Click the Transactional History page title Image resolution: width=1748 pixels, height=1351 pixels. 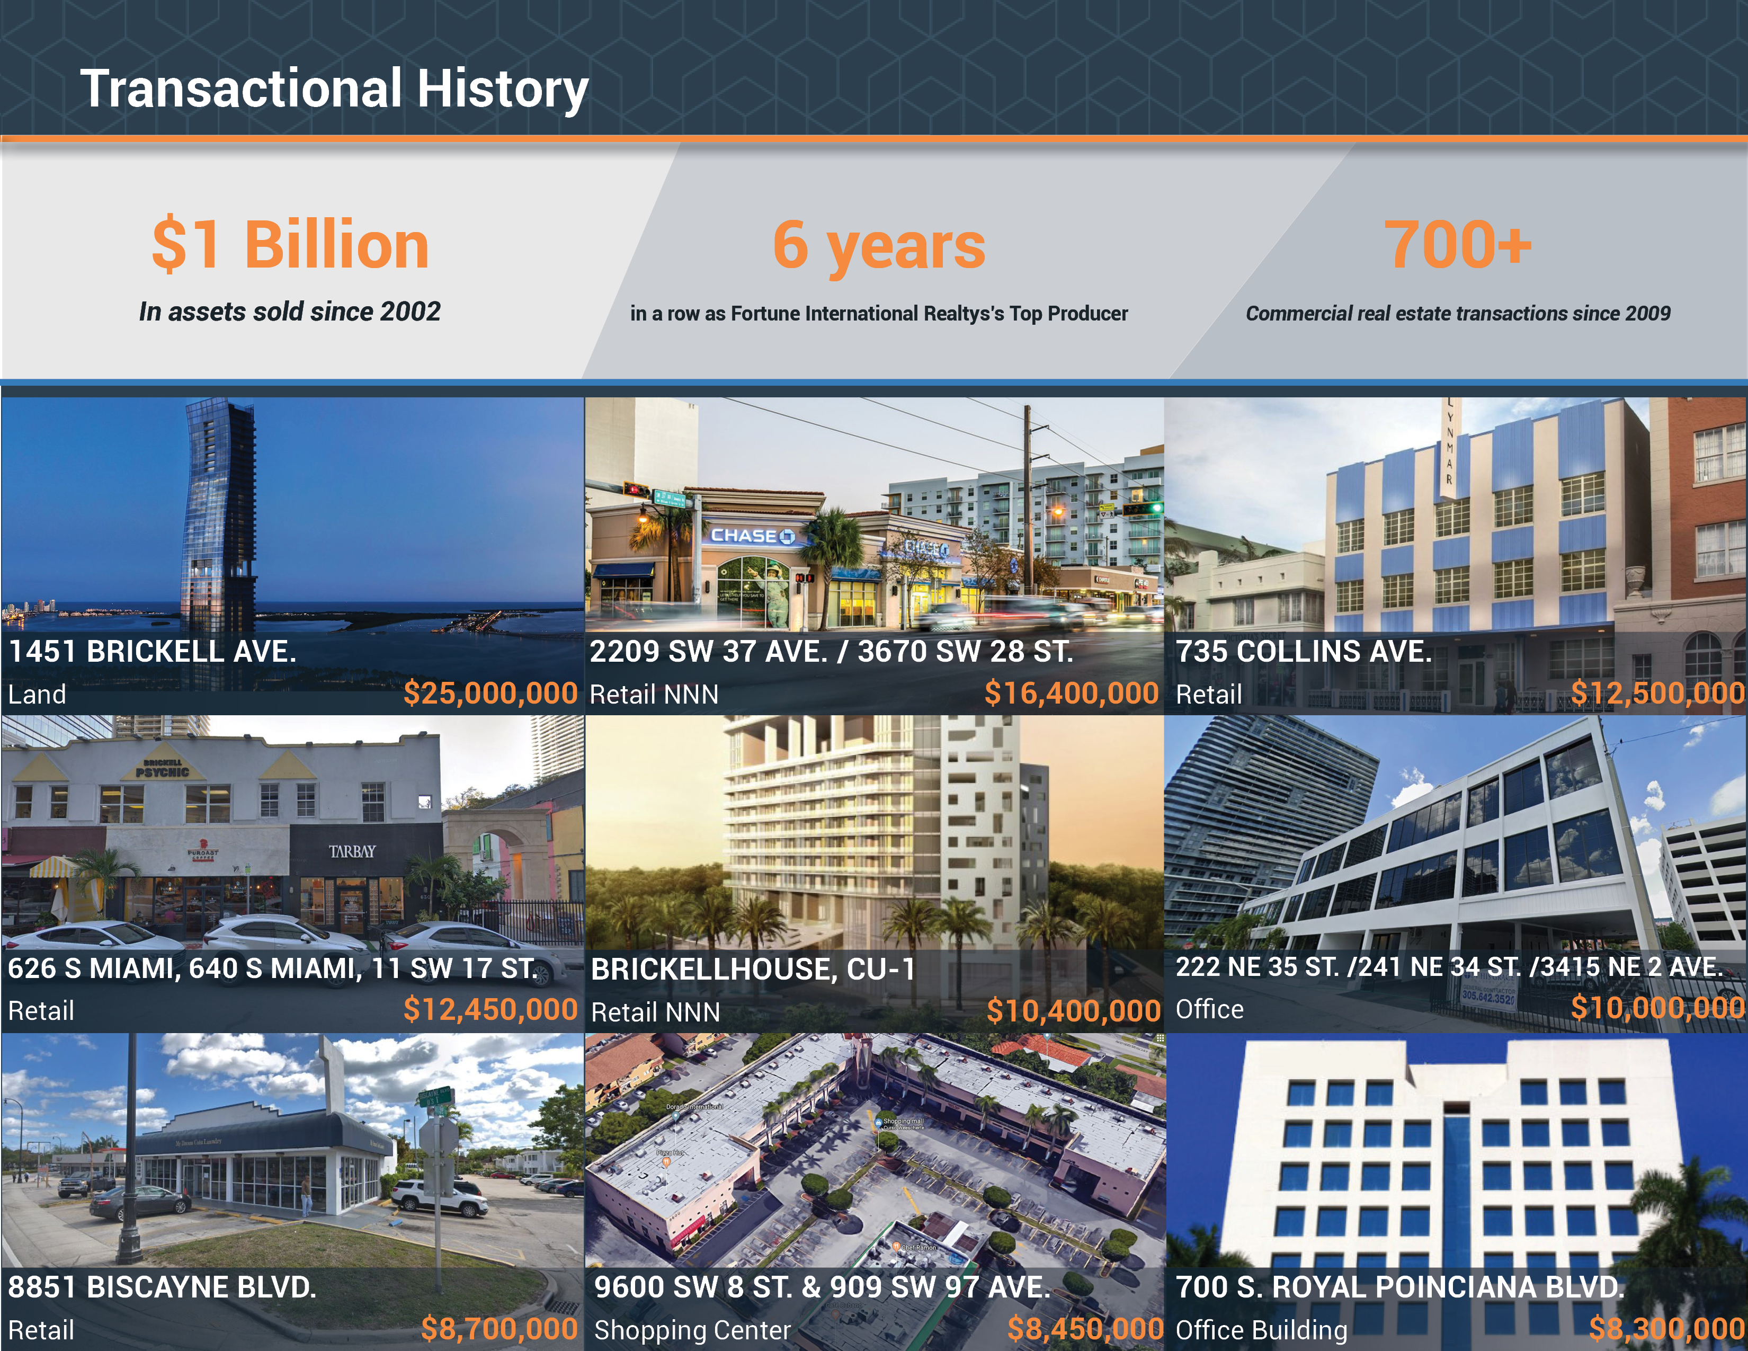click(335, 89)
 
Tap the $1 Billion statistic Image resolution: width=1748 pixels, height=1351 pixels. click(290, 245)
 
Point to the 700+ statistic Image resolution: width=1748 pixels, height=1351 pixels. click(1458, 245)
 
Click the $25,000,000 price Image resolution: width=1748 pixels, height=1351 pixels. click(490, 693)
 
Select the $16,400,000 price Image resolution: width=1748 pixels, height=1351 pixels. click(1072, 693)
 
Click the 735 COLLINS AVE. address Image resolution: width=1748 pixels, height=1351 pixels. click(1304, 652)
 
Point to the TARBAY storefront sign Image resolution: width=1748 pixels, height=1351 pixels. click(352, 851)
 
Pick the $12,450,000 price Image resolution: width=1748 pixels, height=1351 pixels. click(490, 1010)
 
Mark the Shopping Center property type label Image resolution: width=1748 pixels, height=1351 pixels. click(692, 1330)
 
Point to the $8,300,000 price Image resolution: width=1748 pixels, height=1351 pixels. click(1667, 1329)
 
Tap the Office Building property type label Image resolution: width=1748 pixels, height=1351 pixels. click(1261, 1330)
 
